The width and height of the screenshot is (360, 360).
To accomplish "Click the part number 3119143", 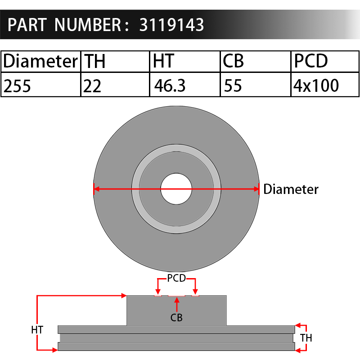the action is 171,25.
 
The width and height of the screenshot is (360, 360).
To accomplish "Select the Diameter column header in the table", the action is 40,61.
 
